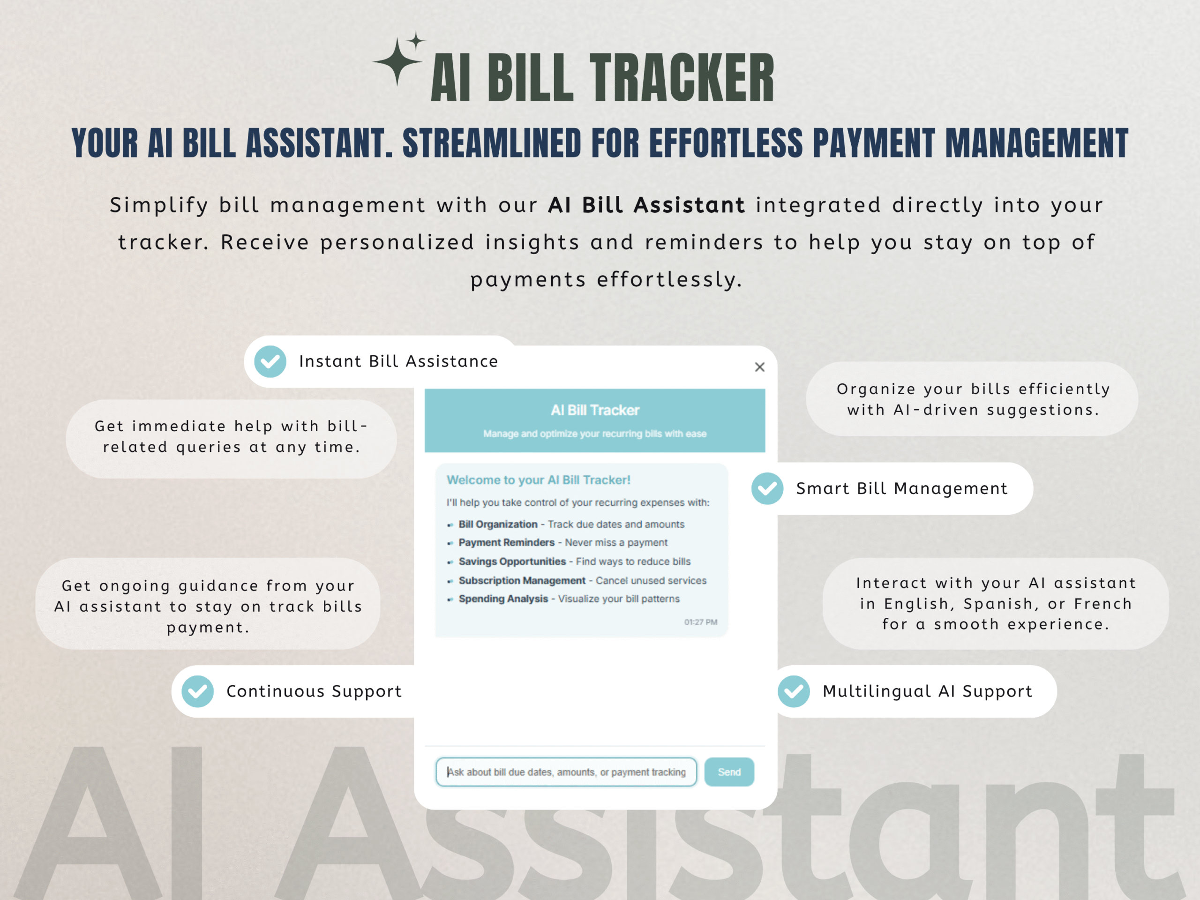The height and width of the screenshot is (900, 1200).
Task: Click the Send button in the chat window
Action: coord(729,772)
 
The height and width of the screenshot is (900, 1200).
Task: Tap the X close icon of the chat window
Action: coord(759,367)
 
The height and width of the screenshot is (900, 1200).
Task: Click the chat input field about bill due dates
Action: coord(566,772)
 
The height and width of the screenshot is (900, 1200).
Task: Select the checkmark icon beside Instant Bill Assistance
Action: coord(270,361)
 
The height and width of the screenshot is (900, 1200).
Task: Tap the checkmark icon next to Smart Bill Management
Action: coord(767,488)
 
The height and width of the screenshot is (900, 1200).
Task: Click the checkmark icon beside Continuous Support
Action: coord(197,691)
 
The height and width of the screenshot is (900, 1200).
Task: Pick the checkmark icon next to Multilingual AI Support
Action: coord(794,691)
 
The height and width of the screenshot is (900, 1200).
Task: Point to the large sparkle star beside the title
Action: coord(397,61)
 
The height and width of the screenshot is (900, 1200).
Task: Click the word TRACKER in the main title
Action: coord(682,77)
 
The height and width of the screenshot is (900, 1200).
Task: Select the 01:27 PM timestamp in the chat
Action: coord(700,622)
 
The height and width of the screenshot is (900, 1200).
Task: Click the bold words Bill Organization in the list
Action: coord(498,524)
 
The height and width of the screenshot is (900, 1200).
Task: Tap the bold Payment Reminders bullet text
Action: coord(507,542)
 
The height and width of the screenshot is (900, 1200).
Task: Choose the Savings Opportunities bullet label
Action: coord(512,562)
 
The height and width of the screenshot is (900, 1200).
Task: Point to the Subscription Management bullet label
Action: coord(522,580)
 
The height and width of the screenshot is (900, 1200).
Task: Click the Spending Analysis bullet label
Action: coord(503,599)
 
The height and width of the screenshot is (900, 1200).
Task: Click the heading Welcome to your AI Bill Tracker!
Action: coord(539,480)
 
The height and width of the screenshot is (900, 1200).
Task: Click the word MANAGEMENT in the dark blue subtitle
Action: coord(1037,143)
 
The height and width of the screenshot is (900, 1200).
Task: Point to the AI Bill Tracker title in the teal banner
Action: coord(595,410)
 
